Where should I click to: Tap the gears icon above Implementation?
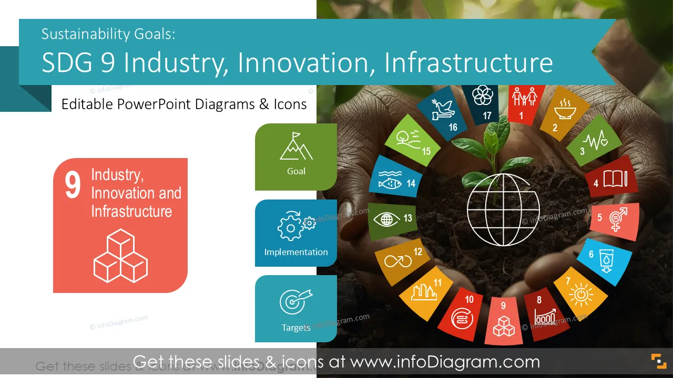tap(296, 226)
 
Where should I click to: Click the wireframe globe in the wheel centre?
tap(504, 209)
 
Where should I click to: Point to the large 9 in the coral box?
tap(73, 185)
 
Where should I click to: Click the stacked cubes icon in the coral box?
tap(120, 256)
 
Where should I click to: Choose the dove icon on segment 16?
tap(443, 110)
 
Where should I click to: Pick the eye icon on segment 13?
tap(386, 219)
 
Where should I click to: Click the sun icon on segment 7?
tap(581, 295)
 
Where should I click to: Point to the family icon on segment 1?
tap(525, 96)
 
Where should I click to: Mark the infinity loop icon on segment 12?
tap(398, 261)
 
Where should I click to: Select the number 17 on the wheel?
tap(487, 115)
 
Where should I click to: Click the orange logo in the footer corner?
tap(659, 361)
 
